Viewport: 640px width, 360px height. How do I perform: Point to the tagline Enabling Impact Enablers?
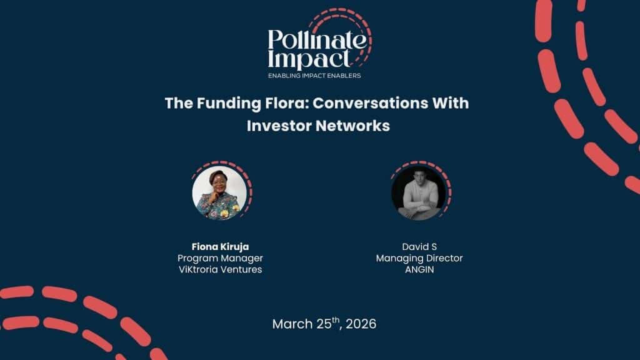[x=314, y=76]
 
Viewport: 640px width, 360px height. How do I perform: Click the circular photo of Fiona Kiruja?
[x=219, y=192]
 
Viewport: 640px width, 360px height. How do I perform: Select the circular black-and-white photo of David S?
[x=419, y=192]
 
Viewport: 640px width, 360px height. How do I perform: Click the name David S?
[x=419, y=246]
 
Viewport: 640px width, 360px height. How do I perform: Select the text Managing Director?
[x=419, y=258]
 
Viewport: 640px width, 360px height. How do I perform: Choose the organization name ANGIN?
[x=419, y=270]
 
